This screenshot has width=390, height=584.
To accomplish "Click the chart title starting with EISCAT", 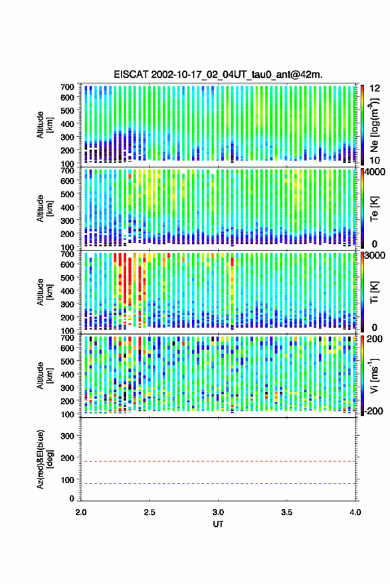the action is pos(219,74).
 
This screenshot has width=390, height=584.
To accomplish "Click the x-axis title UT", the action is pos(219,524).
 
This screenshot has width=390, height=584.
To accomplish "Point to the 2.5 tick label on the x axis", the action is pos(149,512).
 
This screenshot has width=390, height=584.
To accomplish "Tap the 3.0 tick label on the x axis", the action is pos(219,512).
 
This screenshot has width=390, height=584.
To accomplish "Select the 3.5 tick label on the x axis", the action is pos(287,512).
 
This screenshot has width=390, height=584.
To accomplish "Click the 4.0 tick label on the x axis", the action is pos(355,512).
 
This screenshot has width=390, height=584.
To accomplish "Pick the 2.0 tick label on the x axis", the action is pos(81,512).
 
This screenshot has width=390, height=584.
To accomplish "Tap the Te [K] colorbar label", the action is pos(374,209).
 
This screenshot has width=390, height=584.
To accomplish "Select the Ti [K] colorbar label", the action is pos(374,292).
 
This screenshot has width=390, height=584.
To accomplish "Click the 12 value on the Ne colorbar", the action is pos(375,88).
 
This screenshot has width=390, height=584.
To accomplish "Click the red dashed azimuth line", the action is pos(219,462).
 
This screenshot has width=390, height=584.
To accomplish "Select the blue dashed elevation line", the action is pos(219,484).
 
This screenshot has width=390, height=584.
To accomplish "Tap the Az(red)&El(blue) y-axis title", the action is pos(45,460).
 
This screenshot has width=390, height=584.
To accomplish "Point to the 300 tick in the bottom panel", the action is pos(67,436).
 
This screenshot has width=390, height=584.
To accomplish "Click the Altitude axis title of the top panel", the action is pos(45,125).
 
